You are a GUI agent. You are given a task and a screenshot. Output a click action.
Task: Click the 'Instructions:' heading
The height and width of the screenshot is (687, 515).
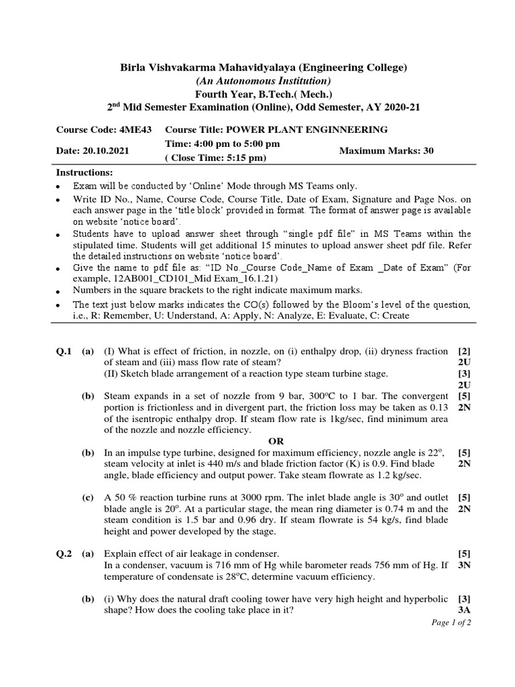[x=84, y=172]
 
